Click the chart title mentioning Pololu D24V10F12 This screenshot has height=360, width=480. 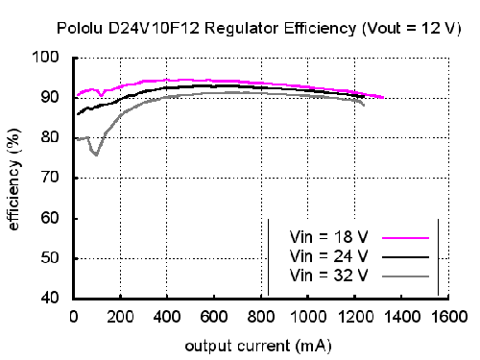(x=258, y=29)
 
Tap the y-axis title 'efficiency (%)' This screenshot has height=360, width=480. (x=13, y=180)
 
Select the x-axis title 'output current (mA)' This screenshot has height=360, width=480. (x=258, y=347)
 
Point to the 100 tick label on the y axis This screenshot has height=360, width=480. (x=46, y=57)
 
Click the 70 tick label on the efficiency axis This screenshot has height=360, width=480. (x=50, y=178)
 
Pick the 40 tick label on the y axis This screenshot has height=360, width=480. (x=50, y=298)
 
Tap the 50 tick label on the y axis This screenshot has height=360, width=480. (x=50, y=257)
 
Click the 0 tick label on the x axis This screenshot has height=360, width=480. (x=74, y=317)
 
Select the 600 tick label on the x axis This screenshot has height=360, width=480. (x=214, y=317)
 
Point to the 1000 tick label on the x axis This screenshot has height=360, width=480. (x=308, y=317)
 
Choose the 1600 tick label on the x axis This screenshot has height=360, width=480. (x=449, y=317)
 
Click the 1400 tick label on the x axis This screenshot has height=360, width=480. (x=402, y=317)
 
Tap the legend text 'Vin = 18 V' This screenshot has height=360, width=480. (x=328, y=237)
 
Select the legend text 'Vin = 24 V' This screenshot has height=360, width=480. (x=328, y=256)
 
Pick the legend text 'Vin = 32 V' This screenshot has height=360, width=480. (x=328, y=276)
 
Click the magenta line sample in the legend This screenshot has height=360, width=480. (x=405, y=238)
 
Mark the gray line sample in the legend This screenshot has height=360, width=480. (x=405, y=276)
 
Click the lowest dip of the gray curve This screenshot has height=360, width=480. (x=96, y=155)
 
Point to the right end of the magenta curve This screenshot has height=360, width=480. (x=383, y=97)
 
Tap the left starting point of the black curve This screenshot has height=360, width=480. (x=78, y=114)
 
